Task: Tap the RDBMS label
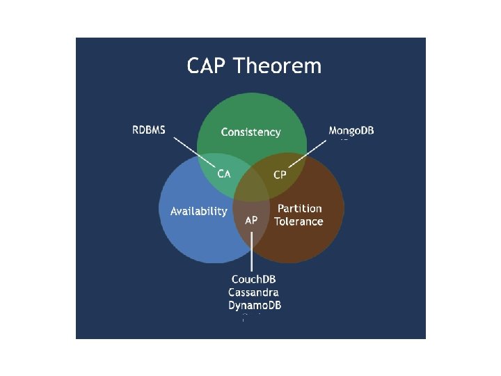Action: [149, 130]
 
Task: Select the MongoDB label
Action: [351, 131]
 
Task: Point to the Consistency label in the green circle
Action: [250, 132]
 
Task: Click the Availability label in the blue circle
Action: [198, 211]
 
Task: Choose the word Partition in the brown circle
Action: [300, 208]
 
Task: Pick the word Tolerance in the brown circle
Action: [299, 221]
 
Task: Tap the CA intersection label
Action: [224, 174]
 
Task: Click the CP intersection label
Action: [280, 175]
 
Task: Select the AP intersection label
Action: [252, 219]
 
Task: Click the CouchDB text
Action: [254, 280]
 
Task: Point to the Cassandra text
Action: [253, 292]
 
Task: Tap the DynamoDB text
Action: [255, 306]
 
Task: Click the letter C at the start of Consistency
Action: [225, 132]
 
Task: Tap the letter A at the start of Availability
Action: [174, 211]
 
